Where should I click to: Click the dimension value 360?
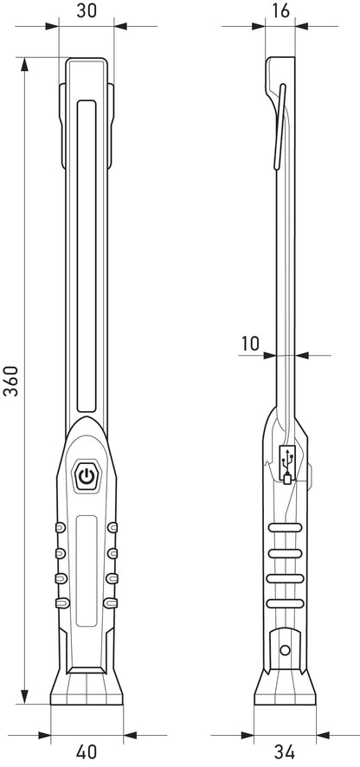(x=11, y=381)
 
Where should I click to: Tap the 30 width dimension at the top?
(x=86, y=10)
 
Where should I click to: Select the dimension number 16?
(x=281, y=10)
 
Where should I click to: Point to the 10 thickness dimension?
(x=250, y=344)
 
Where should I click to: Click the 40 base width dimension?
(x=87, y=751)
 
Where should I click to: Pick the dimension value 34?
(x=284, y=751)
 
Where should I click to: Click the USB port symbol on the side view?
(x=287, y=465)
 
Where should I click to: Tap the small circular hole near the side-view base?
(x=285, y=650)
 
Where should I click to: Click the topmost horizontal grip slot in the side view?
(x=286, y=527)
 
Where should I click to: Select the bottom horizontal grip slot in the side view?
(x=286, y=603)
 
